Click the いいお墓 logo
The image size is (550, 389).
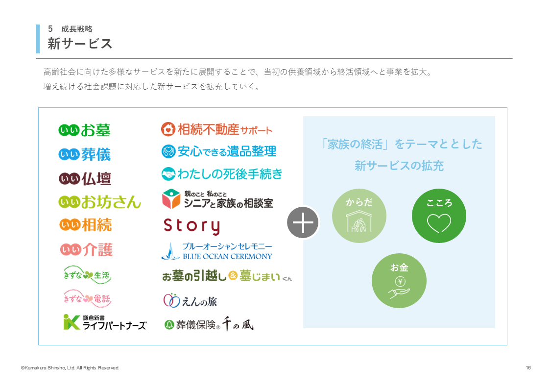pos(84,130)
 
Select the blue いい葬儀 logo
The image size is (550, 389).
pos(85,154)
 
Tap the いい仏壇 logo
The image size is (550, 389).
pos(85,178)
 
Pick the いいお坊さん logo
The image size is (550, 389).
pos(99,202)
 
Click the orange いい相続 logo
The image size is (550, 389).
pos(86,225)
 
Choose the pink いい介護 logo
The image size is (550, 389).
pos(86,249)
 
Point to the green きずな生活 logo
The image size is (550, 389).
pos(87,275)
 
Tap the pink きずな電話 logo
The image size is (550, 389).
pos(87,298)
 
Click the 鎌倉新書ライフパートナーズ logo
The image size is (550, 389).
pos(105,322)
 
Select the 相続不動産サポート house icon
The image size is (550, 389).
pos(168,129)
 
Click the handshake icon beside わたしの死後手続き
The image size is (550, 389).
pos(168,174)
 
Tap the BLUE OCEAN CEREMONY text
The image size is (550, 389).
pos(227,256)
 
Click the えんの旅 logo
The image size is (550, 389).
pos(190,301)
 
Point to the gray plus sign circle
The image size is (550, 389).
pos(303,222)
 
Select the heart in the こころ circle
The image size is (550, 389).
pos(439,223)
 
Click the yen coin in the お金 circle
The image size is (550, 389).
pos(400,281)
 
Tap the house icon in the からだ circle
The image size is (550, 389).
pos(359,221)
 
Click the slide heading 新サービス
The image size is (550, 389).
pos(80,44)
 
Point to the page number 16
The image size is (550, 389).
pos(528,367)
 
